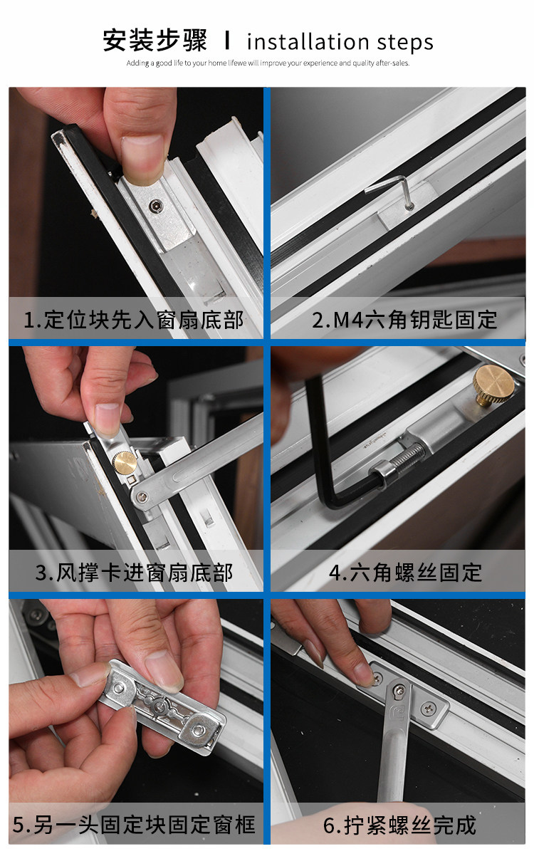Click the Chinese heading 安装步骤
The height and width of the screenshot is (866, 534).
(x=155, y=41)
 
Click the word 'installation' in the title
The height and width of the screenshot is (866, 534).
(x=308, y=42)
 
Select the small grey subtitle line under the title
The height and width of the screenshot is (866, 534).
(x=268, y=63)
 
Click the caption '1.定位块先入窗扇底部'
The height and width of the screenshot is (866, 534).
(x=134, y=320)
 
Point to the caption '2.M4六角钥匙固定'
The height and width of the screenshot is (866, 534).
(x=404, y=320)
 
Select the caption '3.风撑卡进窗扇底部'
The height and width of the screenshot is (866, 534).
(x=134, y=573)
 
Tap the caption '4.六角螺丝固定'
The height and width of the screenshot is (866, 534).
(x=405, y=573)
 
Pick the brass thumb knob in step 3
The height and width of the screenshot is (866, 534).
(x=125, y=462)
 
